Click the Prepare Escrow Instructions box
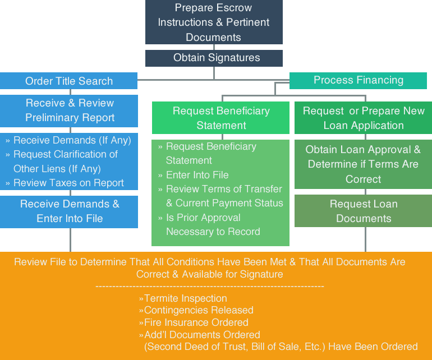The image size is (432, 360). point(213,22)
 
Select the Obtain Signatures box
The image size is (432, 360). point(213,58)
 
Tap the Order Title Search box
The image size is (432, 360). point(68,81)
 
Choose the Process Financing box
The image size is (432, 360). point(358,80)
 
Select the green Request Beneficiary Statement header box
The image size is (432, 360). point(221,118)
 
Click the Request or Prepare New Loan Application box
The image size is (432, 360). point(363,118)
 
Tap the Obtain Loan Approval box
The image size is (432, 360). point(363,164)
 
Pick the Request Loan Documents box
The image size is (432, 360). point(363,211)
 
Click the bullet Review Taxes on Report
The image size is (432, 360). point(68,183)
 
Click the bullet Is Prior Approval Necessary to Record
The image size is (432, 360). point(213,224)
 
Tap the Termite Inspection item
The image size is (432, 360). point(185,298)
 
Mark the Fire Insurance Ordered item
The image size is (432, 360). point(196,322)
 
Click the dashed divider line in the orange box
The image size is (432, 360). point(210,287)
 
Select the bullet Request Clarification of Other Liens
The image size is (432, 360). point(65,161)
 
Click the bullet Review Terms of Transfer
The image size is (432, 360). point(224,196)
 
